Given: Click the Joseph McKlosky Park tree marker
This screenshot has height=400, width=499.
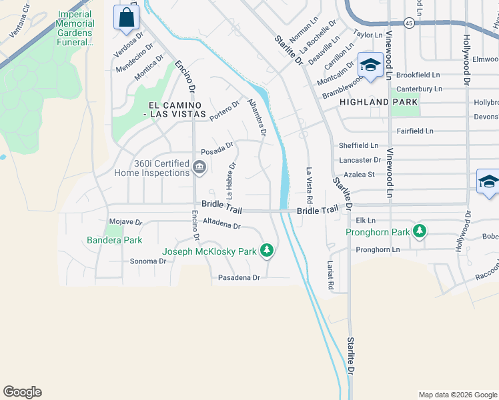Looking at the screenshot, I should (267, 251).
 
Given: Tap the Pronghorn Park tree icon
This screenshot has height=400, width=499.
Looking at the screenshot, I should (419, 231).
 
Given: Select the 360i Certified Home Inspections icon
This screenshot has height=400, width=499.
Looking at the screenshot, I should (199, 167).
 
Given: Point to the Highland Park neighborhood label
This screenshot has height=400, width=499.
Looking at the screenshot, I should (378, 102).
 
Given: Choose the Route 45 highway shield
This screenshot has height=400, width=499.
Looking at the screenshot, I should (409, 23).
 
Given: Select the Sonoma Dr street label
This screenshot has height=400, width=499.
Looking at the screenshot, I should (147, 261).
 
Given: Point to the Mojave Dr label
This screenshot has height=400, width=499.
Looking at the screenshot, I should (125, 222).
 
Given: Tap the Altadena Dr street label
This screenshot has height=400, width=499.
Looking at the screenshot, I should (221, 225).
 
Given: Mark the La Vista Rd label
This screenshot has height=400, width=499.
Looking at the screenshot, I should (309, 185).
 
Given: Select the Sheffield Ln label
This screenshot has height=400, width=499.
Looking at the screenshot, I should (358, 145).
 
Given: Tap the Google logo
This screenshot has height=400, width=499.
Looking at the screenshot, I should (22, 392).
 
